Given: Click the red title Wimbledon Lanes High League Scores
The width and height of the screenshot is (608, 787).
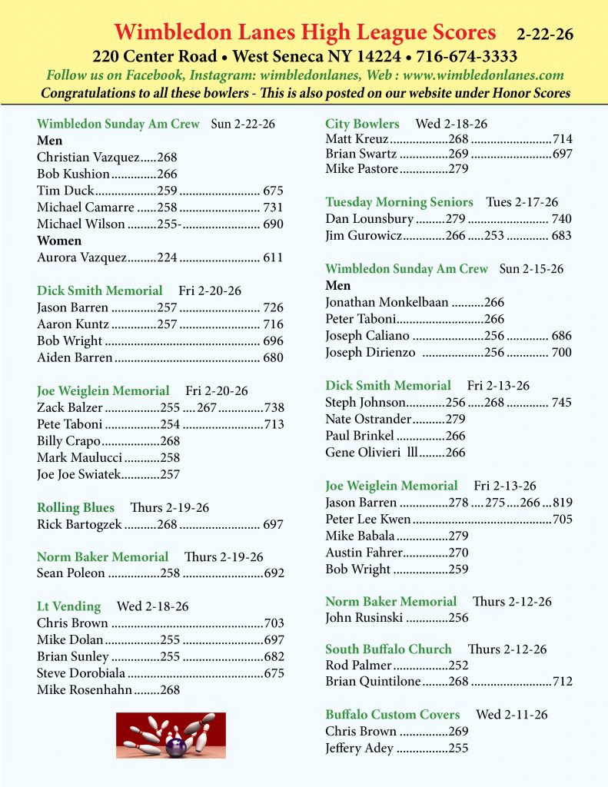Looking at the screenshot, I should coord(305,32).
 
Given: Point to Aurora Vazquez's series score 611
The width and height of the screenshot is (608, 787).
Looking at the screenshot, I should coord(273,257).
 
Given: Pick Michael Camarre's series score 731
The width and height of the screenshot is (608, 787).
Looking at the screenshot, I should coord(273,207).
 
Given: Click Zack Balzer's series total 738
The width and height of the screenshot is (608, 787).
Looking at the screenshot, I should coord(274,407).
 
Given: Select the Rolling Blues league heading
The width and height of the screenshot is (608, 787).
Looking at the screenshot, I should coord(75,508).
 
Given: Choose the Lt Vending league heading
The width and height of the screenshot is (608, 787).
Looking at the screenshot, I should coord(68,606).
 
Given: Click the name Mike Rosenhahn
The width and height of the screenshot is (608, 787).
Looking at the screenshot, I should coord(85,689).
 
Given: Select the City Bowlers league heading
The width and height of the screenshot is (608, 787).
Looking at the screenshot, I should coord(362,124).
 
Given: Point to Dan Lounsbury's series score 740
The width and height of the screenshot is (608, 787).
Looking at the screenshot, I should coord(561,219).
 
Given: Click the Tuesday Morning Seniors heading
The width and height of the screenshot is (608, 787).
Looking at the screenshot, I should coord(399,202).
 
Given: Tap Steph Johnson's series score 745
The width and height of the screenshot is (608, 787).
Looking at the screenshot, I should coord(561,402).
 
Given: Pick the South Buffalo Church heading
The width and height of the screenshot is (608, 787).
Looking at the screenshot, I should coord(388,649).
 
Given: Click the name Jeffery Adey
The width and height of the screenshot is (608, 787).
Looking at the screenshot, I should coord(359,748).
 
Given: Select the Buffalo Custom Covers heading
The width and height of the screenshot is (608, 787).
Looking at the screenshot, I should coord(392,715).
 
